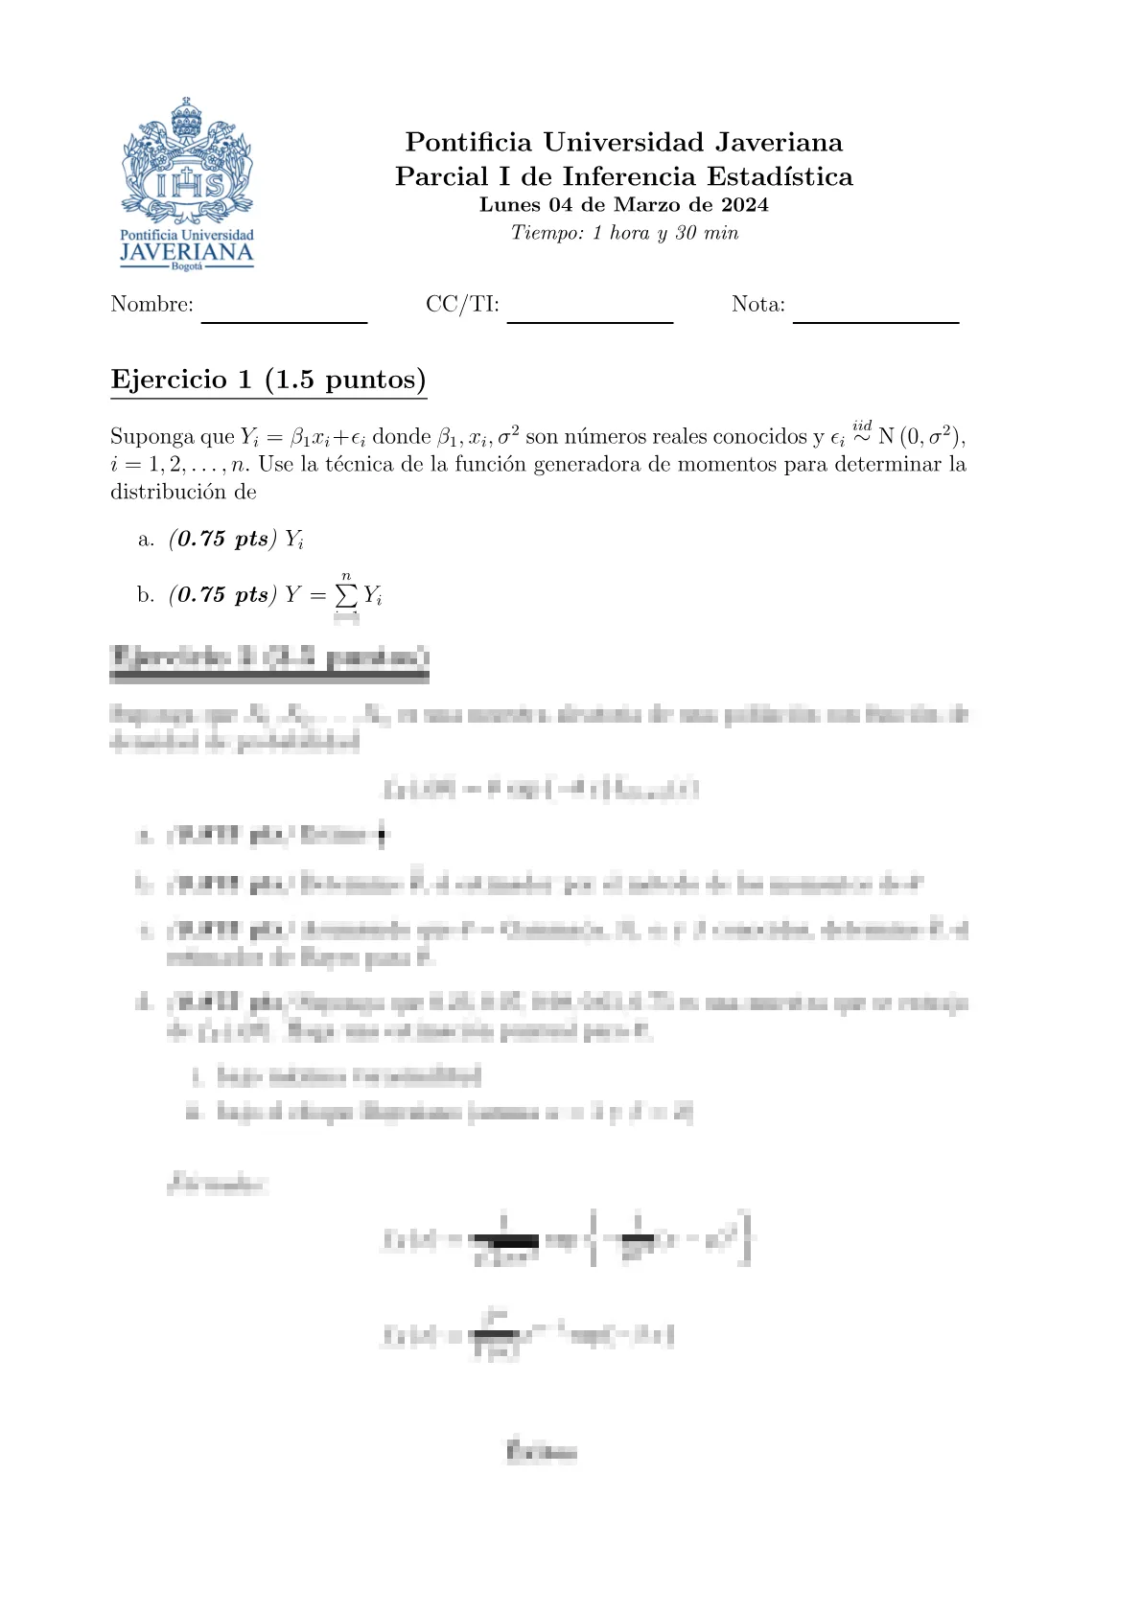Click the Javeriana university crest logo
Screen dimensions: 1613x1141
pos(187,160)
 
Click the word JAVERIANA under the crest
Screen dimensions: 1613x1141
pos(187,252)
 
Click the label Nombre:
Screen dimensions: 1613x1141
pos(151,305)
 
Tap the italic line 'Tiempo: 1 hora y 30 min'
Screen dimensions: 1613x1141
pos(624,233)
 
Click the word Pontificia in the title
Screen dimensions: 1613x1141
pos(468,143)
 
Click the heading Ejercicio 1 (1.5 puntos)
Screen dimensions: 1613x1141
pos(268,380)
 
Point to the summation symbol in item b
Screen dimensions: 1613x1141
pos(346,595)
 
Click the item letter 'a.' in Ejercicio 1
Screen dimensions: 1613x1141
pos(146,540)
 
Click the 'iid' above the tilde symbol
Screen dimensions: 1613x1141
pos(862,425)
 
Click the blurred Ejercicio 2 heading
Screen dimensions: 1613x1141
pos(269,658)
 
